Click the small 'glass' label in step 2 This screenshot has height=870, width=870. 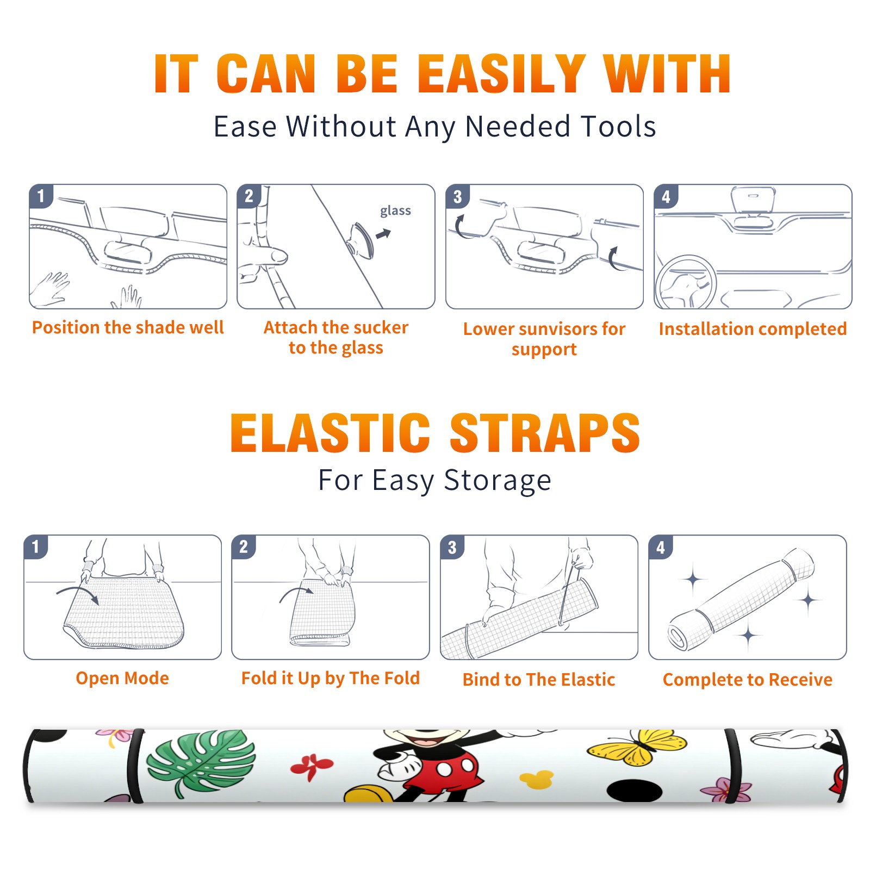[x=395, y=211]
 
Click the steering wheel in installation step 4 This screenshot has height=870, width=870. [x=686, y=282]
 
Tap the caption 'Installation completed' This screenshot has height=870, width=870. [x=753, y=329]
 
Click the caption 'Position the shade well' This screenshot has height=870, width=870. [x=128, y=327]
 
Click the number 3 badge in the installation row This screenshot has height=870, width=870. [x=457, y=196]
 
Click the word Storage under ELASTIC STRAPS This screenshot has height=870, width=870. [x=498, y=481]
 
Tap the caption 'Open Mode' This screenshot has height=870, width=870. [x=122, y=678]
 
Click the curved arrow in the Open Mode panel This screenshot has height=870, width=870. [x=78, y=592]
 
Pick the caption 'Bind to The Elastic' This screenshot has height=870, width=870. [x=539, y=680]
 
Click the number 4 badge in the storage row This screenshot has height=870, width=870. [x=660, y=547]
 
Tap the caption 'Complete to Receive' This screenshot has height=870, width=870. [x=748, y=680]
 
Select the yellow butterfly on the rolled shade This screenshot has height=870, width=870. [x=637, y=747]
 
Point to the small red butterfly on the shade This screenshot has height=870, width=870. [x=312, y=766]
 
